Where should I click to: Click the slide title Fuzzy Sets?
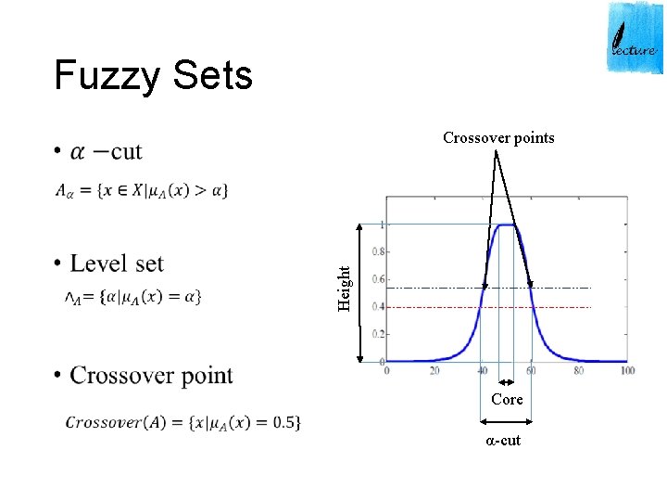tap(153, 75)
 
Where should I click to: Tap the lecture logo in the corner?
tap(635, 37)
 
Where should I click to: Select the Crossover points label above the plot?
tap(498, 138)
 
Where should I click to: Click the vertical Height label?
tap(345, 288)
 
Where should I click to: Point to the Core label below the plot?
tap(507, 399)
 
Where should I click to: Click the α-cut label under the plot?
tap(504, 440)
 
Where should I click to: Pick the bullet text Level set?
tap(117, 263)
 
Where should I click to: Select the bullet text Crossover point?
tap(151, 375)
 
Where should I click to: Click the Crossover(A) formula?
tap(182, 422)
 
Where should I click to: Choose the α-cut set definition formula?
tap(141, 190)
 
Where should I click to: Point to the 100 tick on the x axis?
tap(627, 370)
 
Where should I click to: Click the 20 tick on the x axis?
tap(434, 370)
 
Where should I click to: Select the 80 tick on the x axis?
tap(579, 370)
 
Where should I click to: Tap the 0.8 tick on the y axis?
tap(379, 251)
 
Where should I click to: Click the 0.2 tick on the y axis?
tap(379, 333)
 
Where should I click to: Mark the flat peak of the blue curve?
tap(507, 225)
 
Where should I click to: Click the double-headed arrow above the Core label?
tap(507, 381)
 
